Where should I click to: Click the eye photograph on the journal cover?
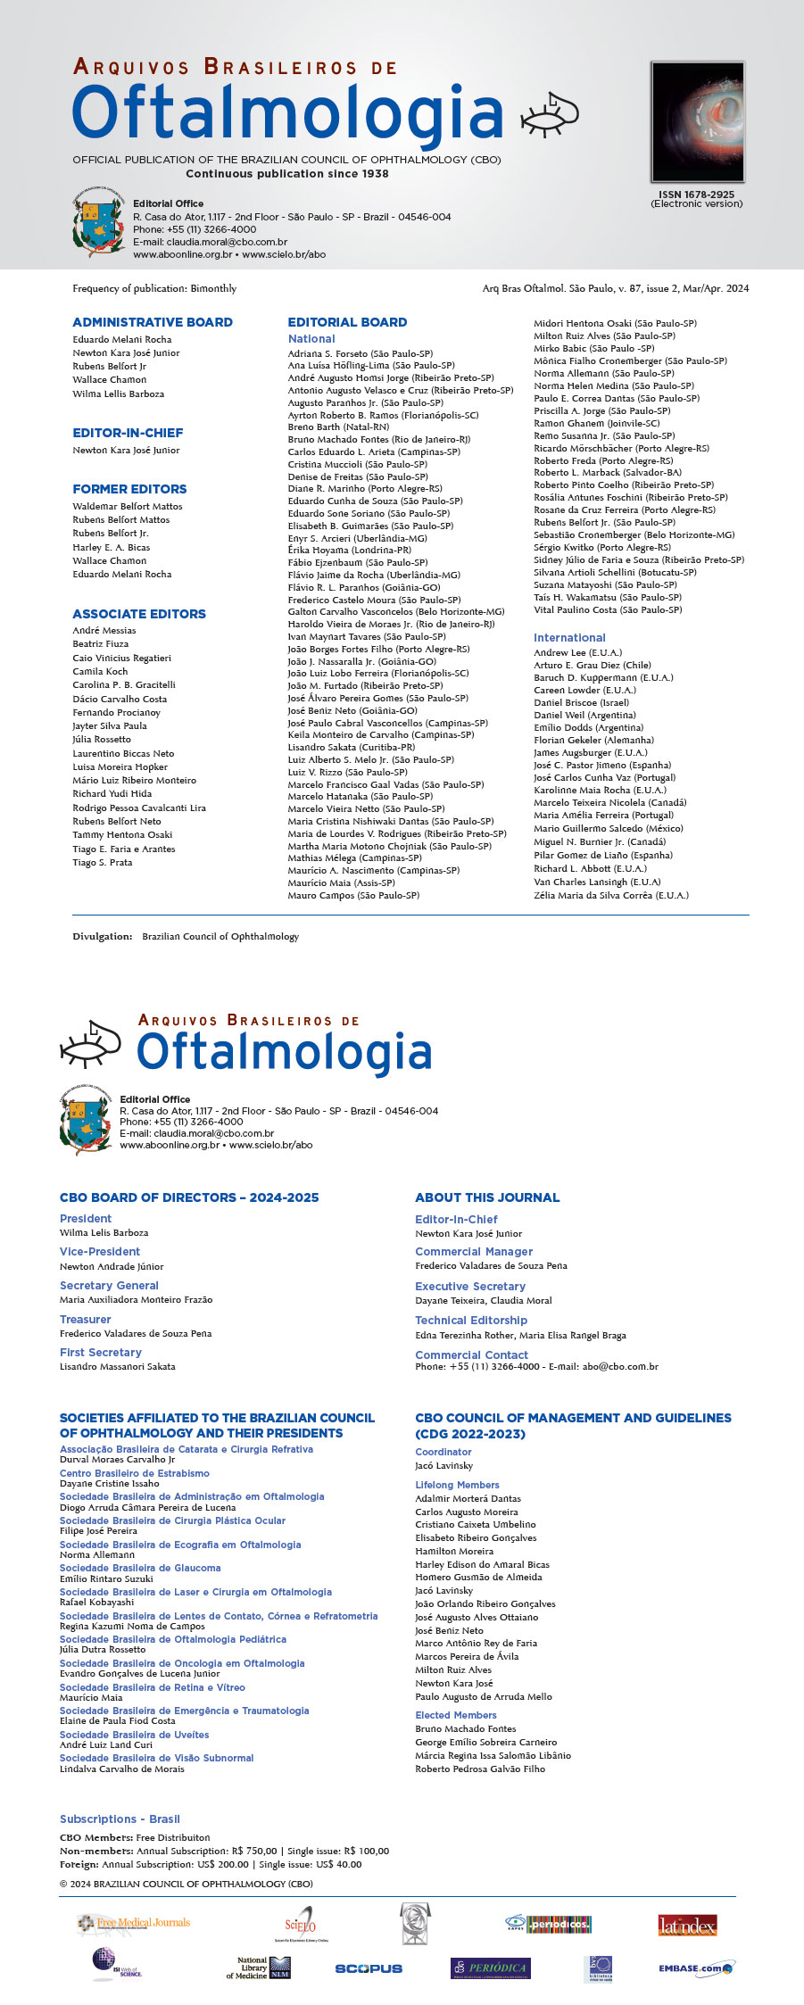click(696, 122)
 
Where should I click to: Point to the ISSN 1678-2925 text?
click(696, 195)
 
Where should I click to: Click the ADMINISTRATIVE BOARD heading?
click(153, 322)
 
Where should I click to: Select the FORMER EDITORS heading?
click(129, 489)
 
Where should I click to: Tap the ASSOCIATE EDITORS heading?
click(139, 614)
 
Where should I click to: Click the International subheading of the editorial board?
click(569, 638)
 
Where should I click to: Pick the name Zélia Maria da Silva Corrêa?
click(611, 895)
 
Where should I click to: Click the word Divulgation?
click(102, 936)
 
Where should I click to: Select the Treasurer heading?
click(86, 1319)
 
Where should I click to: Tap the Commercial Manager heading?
click(474, 1252)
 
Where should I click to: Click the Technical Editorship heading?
click(471, 1321)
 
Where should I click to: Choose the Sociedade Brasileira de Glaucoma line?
click(140, 1568)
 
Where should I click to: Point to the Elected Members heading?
click(456, 1715)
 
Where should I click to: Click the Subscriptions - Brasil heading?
click(120, 1819)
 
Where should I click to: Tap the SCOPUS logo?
click(369, 1968)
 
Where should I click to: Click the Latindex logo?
click(687, 1925)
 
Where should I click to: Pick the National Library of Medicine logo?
click(259, 1968)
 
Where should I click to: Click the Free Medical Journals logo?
click(134, 1923)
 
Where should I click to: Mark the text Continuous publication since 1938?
click(287, 174)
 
